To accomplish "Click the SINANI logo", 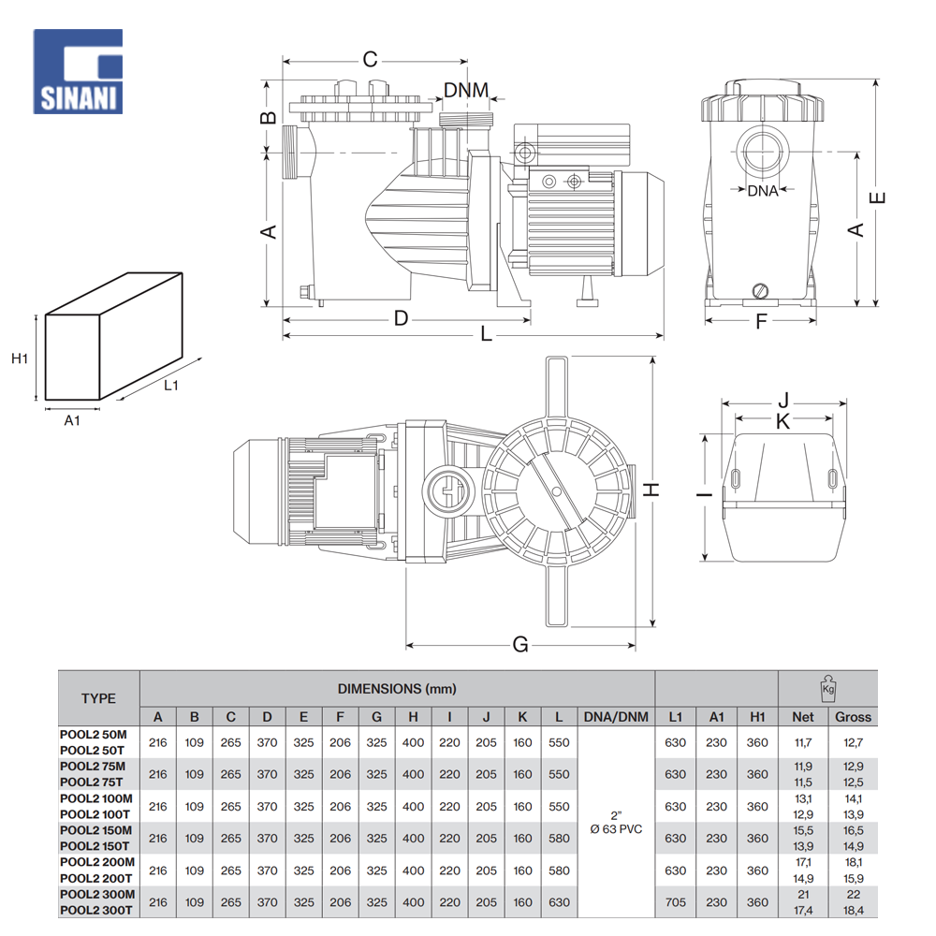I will pyautogui.click(x=78, y=72).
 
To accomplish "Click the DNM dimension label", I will pyautogui.click(x=466, y=90).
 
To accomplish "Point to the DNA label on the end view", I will pyautogui.click(x=763, y=191).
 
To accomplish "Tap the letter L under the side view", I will pyautogui.click(x=486, y=334).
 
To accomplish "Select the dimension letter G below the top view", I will pyautogui.click(x=520, y=644).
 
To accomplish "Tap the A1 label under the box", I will pyautogui.click(x=72, y=420).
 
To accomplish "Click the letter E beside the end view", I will pyautogui.click(x=878, y=197).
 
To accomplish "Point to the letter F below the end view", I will pyautogui.click(x=761, y=322).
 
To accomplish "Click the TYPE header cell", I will pyautogui.click(x=98, y=697).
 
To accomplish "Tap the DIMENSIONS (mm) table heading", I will pyautogui.click(x=397, y=689).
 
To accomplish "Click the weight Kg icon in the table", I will pyautogui.click(x=827, y=687).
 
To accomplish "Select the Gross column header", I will pyautogui.click(x=853, y=717).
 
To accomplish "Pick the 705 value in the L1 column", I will pyautogui.click(x=675, y=902).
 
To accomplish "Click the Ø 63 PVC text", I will pyautogui.click(x=616, y=829).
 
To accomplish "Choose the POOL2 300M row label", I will pyautogui.click(x=96, y=894).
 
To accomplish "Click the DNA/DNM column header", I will pyautogui.click(x=615, y=717).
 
